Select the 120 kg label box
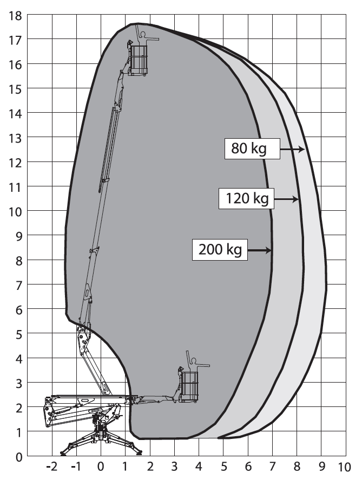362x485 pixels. (246, 199)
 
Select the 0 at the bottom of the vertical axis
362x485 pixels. (18, 456)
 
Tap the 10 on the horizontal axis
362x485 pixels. (344, 467)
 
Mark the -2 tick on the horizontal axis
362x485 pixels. (52, 467)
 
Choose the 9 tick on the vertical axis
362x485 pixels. (18, 236)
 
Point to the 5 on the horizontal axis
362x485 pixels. (223, 467)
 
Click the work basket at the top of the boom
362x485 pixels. (138, 60)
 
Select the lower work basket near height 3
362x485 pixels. (190, 386)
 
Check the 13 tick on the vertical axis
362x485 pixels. (15, 138)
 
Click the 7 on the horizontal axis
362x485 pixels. (272, 467)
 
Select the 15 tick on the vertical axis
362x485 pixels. (15, 88)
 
